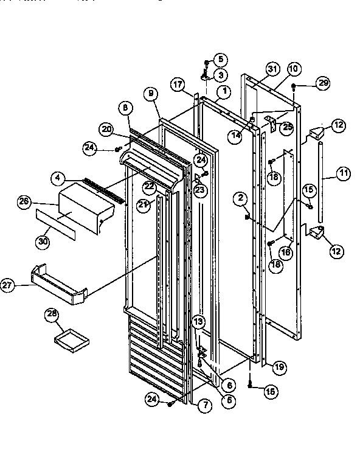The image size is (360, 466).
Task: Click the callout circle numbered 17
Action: coord(178,86)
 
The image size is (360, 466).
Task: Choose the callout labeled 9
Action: coord(150,94)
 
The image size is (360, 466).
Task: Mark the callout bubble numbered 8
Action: coord(125,107)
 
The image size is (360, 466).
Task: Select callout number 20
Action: coord(107,129)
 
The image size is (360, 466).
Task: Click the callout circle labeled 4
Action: coord(57,178)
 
